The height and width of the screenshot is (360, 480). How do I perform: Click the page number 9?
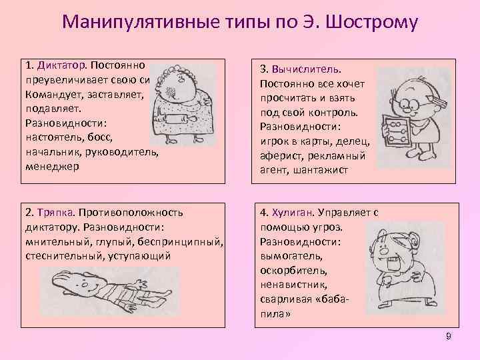tap(449, 337)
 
